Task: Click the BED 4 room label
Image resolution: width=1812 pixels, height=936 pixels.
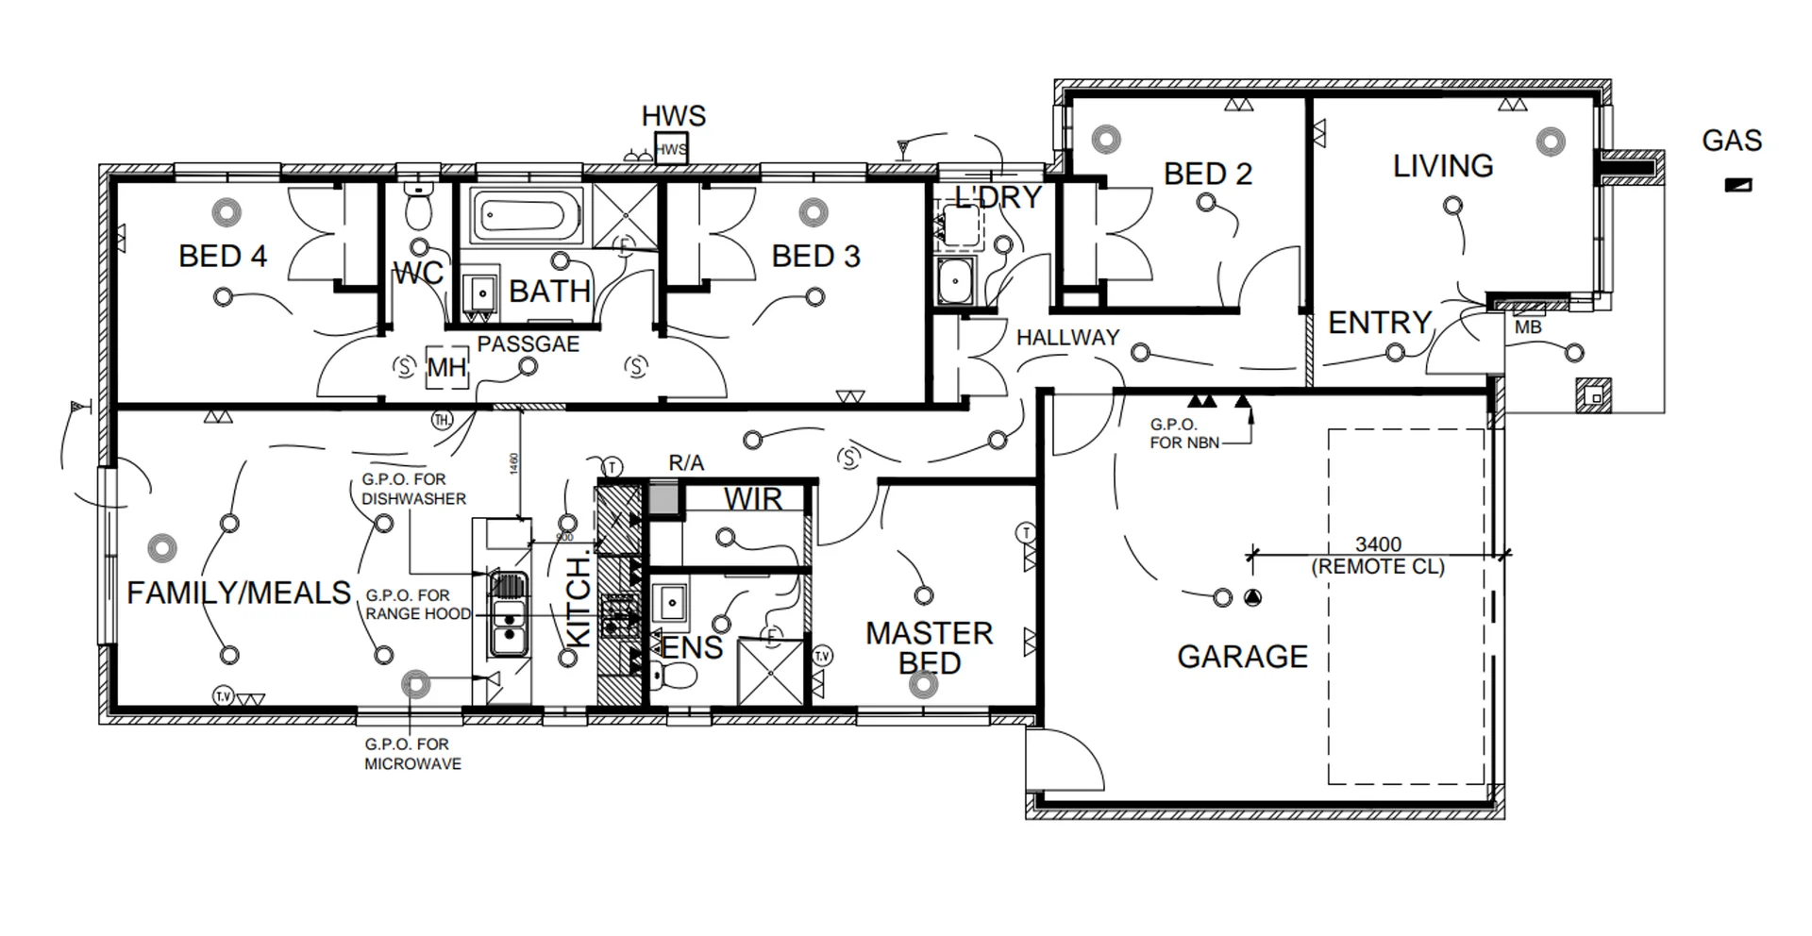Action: click(223, 256)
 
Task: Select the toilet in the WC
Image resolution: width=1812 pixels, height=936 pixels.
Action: click(417, 207)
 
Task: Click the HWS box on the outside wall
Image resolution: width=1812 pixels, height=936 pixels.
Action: click(671, 149)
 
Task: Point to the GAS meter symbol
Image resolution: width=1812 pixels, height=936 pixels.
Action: click(1737, 185)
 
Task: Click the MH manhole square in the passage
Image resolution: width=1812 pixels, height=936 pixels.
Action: click(446, 366)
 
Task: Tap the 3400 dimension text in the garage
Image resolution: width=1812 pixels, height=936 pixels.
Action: click(1378, 544)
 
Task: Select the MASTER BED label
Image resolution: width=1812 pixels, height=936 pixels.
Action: click(929, 647)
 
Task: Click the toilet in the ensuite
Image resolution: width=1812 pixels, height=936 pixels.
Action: click(673, 676)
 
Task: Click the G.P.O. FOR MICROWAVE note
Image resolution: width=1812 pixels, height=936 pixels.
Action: click(412, 754)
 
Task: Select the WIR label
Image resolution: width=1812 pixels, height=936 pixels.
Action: click(753, 499)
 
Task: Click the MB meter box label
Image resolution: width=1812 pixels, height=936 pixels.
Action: click(1527, 327)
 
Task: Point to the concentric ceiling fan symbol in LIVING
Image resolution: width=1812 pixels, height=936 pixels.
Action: click(1550, 142)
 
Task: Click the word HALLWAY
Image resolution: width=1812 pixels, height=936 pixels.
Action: click(1067, 337)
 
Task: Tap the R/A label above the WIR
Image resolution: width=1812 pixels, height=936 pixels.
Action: click(686, 463)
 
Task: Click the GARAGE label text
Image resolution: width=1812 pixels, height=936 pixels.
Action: click(1242, 657)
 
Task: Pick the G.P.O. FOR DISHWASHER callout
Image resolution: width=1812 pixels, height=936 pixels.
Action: click(412, 489)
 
